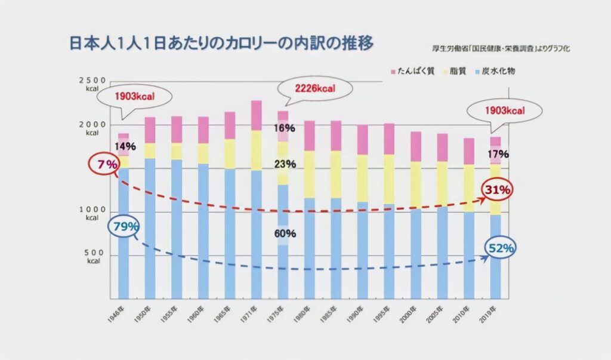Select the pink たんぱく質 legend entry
click(x=412, y=71)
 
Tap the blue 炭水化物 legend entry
click(x=495, y=71)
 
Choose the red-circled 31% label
click(x=498, y=190)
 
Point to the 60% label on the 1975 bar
click(x=285, y=233)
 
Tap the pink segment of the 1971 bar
click(x=257, y=115)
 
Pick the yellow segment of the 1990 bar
click(x=362, y=178)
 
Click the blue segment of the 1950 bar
click(x=150, y=227)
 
